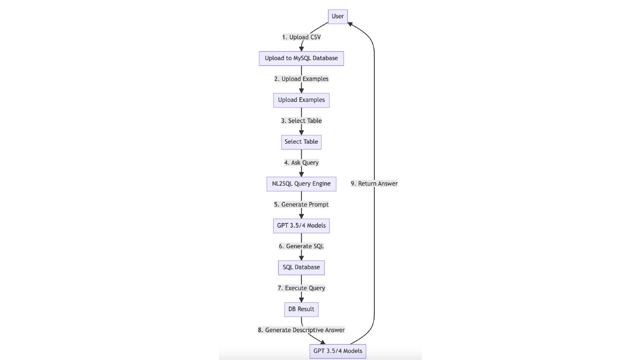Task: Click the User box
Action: (x=338, y=17)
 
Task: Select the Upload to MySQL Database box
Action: (x=301, y=58)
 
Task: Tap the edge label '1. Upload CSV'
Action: (x=301, y=37)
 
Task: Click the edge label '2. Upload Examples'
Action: (x=301, y=79)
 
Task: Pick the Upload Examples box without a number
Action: (x=301, y=100)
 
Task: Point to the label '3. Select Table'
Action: (x=301, y=121)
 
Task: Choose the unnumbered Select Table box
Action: (x=301, y=142)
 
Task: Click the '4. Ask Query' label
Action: (x=301, y=163)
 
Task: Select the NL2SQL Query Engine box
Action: (x=301, y=184)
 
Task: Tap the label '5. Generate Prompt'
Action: (x=301, y=204)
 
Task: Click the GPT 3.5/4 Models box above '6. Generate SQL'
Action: (x=301, y=226)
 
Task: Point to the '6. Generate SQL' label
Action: (x=301, y=246)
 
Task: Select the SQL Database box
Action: (x=301, y=267)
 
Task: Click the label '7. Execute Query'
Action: (x=301, y=288)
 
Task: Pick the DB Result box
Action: (x=301, y=310)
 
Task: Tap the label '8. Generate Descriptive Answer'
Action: (x=301, y=330)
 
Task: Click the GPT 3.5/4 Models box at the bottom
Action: (x=338, y=351)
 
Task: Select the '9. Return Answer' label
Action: (x=374, y=184)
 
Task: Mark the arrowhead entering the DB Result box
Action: (x=301, y=300)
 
